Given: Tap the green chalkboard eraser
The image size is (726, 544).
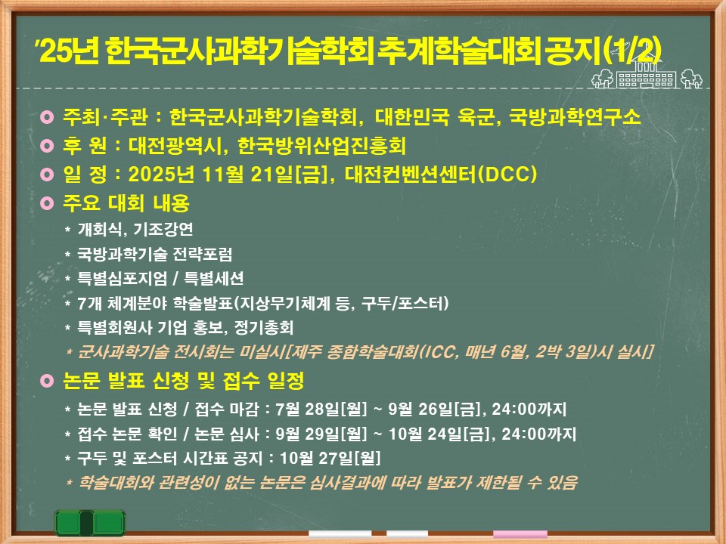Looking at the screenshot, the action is coord(90,523).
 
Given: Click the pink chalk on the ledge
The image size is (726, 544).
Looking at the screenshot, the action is coord(520,534).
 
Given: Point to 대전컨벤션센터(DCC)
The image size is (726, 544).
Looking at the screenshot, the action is coord(441,175).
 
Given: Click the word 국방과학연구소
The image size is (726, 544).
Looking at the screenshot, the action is coord(575,117).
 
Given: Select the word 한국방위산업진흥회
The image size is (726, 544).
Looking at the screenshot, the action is coord(322,146).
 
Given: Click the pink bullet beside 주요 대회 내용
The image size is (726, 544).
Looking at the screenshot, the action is coord(47,203).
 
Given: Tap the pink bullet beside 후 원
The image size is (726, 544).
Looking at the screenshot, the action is coord(47,146).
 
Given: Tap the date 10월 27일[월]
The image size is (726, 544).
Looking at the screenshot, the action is coord(330,459).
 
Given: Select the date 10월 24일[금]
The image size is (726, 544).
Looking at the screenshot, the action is coord(439,434).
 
